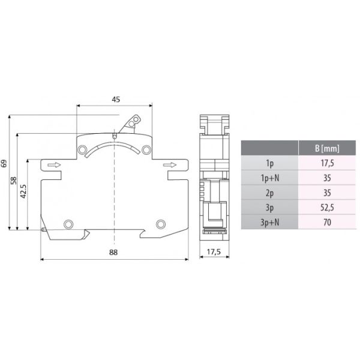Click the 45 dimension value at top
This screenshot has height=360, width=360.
pyautogui.click(x=115, y=100)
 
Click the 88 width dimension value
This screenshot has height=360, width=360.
pyautogui.click(x=114, y=252)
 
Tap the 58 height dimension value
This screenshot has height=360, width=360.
pyautogui.click(x=15, y=181)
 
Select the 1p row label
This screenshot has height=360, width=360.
pyautogui.click(x=268, y=163)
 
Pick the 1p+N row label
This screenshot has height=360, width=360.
pyautogui.click(x=268, y=178)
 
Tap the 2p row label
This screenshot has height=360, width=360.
pyautogui.click(x=268, y=193)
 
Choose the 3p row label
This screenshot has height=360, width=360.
pyautogui.click(x=268, y=208)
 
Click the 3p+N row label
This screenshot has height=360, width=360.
pyautogui.click(x=268, y=223)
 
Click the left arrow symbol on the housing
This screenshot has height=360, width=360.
pyautogui.click(x=53, y=166)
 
